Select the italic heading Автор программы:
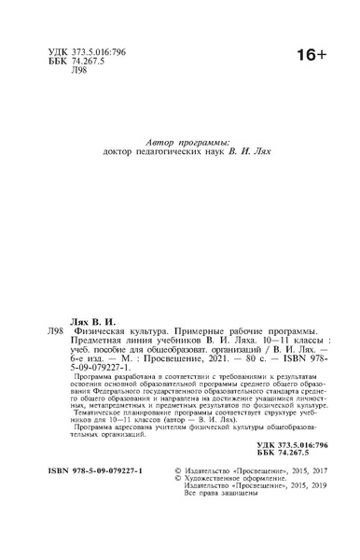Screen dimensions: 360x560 (179, 139)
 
